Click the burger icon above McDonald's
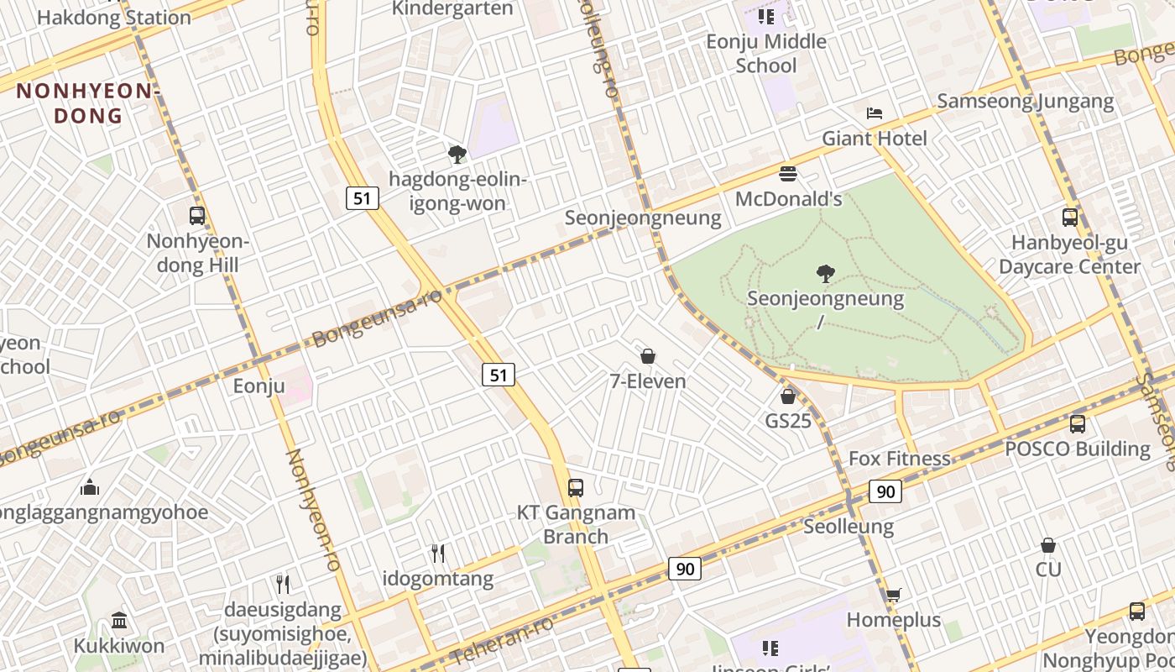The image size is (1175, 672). click(787, 174)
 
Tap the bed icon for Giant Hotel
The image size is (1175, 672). click(875, 113)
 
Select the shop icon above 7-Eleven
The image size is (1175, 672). click(647, 356)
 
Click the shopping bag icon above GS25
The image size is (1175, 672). click(787, 396)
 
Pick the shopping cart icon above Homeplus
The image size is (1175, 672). click(894, 595)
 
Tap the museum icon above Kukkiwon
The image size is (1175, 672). click(119, 621)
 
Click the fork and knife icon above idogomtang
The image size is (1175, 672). click(437, 553)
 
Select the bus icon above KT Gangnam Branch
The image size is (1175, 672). click(575, 487)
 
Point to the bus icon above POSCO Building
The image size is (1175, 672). click(1077, 423)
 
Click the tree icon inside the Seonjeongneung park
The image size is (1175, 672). click(826, 273)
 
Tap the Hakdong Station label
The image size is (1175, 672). click(114, 17)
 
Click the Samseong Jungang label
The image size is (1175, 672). click(1025, 102)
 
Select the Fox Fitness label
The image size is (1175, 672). click(900, 459)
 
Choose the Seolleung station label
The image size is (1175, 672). click(849, 527)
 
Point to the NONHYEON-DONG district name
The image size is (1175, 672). click(86, 102)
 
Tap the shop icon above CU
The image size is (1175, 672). click(1047, 546)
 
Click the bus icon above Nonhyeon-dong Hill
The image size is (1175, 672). click(197, 216)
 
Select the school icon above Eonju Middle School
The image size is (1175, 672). click(765, 16)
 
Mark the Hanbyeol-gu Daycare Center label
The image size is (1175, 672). click(1069, 255)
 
